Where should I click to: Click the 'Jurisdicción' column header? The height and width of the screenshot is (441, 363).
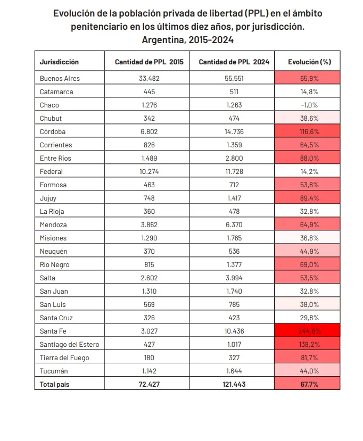(x=59, y=62)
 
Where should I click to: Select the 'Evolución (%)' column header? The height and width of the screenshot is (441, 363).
(x=309, y=62)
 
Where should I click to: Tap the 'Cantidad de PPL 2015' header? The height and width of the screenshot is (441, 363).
(x=149, y=62)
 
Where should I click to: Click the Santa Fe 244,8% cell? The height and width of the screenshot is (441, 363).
(x=307, y=331)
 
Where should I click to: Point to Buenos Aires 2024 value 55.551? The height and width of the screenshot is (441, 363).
(x=234, y=78)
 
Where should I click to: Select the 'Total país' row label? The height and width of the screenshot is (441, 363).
(x=55, y=384)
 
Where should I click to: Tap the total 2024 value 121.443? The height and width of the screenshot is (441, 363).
(x=234, y=384)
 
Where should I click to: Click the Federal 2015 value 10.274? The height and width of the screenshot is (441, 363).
(x=149, y=171)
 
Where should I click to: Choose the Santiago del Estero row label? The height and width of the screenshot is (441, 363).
(x=69, y=344)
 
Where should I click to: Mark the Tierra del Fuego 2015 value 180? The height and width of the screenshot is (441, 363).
(x=149, y=357)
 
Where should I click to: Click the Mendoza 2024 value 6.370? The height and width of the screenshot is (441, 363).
(x=234, y=224)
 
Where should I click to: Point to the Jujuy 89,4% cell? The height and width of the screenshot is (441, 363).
(x=307, y=198)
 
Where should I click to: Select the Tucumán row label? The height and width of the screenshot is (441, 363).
(x=54, y=371)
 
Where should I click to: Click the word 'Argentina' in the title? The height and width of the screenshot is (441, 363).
(x=161, y=40)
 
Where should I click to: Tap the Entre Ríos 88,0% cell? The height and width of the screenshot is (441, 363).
(x=307, y=158)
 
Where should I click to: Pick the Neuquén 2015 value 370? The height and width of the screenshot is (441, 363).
(x=149, y=251)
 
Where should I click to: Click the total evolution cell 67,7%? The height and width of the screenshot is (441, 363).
(x=307, y=384)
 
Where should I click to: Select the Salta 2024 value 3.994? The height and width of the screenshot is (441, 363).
(x=234, y=278)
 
